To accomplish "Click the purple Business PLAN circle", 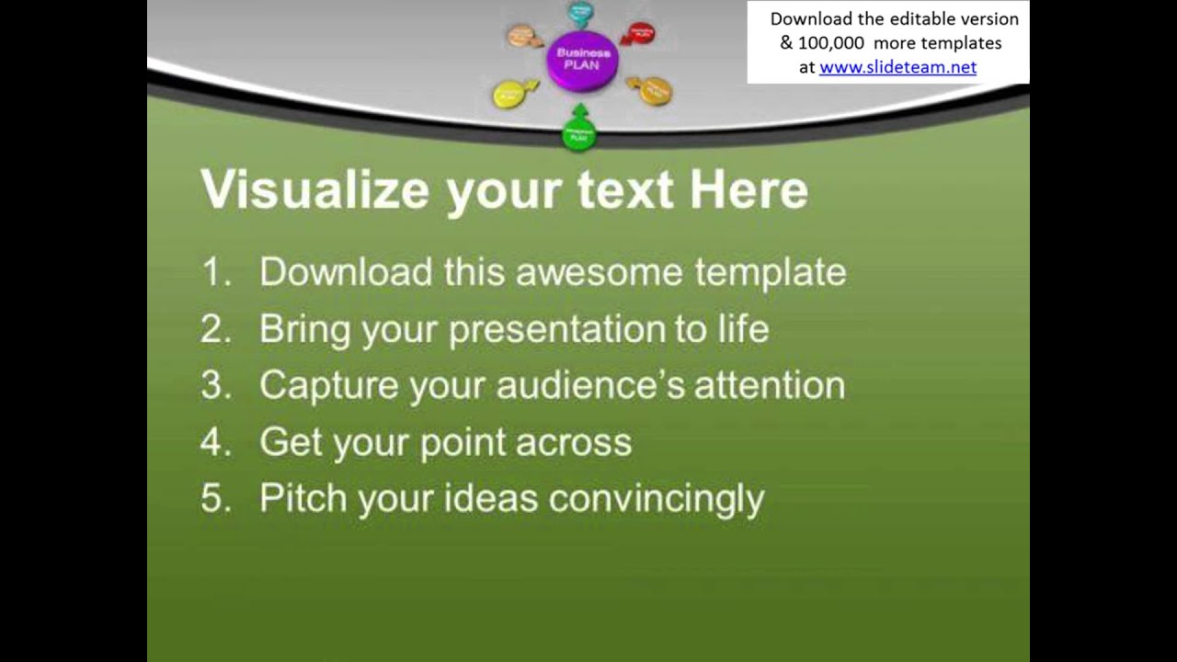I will point(582,60).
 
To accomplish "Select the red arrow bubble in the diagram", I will point(640,34).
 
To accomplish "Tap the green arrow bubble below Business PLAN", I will point(579,131).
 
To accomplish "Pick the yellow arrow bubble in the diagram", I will point(510,93).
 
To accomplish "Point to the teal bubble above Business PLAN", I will point(580,12).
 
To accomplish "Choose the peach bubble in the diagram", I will point(521,36).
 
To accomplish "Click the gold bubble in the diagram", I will point(655,90).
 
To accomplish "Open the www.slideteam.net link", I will point(897,67).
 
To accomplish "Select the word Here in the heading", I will point(748,190).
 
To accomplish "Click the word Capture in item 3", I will point(328,385).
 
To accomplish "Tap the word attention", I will point(769,385).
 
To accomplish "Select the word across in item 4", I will point(573,442).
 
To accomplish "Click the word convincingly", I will point(656,498).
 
